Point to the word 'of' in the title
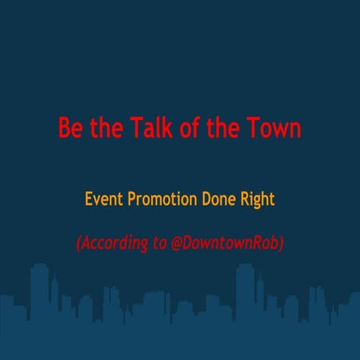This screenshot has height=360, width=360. pos(193,127)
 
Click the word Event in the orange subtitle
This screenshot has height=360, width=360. pos(103,200)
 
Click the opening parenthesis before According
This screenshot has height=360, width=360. pos(79,244)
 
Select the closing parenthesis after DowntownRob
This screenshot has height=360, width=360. pos(281,244)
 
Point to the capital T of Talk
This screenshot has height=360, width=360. pos(137,127)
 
